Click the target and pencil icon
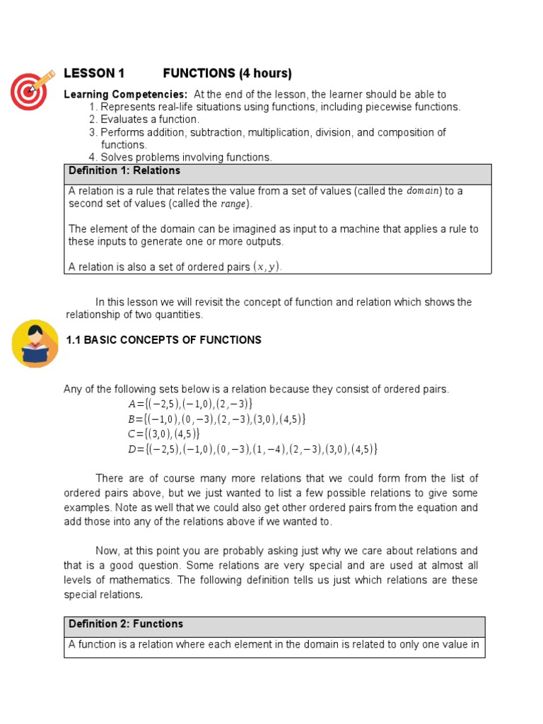33,90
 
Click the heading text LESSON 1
94,74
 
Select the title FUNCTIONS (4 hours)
227,74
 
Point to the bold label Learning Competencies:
126,95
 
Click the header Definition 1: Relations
124,171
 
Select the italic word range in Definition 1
234,204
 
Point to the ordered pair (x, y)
267,267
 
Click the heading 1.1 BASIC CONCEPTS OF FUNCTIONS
163,340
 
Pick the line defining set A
190,404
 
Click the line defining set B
216,419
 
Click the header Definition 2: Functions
126,624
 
